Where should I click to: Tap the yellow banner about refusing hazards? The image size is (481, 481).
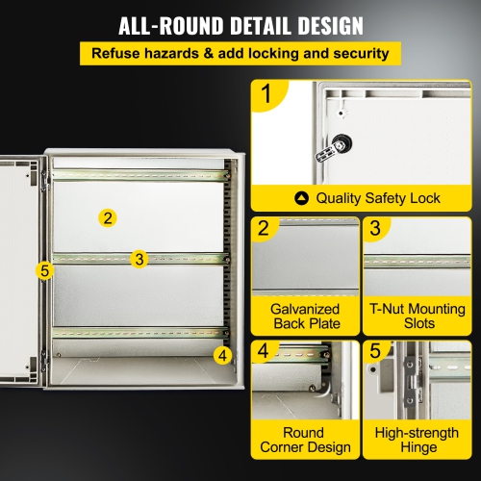point(240,52)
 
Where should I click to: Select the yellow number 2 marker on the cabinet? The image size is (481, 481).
point(109,217)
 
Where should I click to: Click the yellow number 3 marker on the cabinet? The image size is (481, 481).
point(139,259)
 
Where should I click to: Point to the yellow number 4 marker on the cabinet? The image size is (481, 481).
point(223,354)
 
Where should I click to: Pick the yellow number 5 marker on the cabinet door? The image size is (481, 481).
point(43,270)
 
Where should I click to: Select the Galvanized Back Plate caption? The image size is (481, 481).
point(304,316)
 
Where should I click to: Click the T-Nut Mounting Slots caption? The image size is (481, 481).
point(416,316)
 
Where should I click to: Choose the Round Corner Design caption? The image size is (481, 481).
point(304,440)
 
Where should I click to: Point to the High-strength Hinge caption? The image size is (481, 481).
point(416,440)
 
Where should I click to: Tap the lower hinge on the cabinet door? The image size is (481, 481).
point(44,366)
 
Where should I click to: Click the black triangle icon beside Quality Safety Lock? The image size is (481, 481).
point(302,198)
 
